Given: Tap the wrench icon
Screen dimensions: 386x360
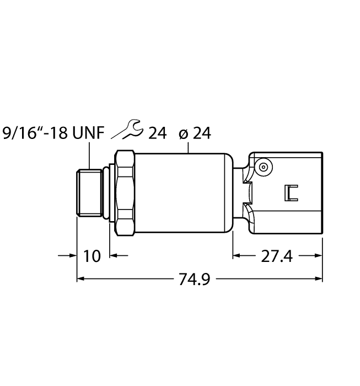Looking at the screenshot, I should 127,132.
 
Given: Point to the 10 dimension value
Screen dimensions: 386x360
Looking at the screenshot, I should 92,256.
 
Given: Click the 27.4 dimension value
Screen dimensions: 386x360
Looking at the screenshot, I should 277,256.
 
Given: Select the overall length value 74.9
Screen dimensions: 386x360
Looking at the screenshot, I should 195,280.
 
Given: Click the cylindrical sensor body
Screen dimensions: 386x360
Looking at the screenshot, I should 182,192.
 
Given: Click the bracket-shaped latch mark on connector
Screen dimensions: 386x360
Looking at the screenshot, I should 291,192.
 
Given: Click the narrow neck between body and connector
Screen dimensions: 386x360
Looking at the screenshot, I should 240,192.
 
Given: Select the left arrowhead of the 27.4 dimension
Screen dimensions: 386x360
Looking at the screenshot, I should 237,255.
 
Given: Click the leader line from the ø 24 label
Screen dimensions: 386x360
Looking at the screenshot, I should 189,147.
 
